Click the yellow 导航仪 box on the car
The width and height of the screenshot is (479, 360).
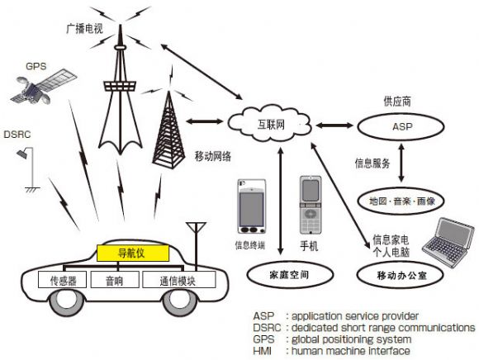(x=133, y=253)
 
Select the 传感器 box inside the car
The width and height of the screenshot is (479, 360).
(x=62, y=279)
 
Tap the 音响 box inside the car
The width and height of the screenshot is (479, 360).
(x=115, y=279)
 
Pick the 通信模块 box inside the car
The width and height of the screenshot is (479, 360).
(x=178, y=279)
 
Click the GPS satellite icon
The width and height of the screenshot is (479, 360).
(x=43, y=87)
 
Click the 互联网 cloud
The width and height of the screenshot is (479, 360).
(x=269, y=124)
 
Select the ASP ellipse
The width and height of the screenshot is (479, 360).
(x=401, y=126)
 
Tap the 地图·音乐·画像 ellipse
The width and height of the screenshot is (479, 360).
(x=401, y=201)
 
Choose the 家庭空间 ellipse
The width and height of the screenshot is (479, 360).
(x=290, y=274)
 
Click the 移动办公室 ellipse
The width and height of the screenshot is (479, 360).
(x=401, y=275)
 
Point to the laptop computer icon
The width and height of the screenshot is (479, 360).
(x=449, y=243)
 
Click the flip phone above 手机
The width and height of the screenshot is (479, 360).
(x=311, y=205)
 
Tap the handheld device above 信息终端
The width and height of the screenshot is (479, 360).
(x=252, y=206)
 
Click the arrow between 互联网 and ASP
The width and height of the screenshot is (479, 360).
(x=334, y=125)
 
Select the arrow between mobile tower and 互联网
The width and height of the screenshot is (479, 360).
(x=205, y=121)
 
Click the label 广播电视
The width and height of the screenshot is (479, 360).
(x=84, y=29)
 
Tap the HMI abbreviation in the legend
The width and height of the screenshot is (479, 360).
(x=262, y=351)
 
